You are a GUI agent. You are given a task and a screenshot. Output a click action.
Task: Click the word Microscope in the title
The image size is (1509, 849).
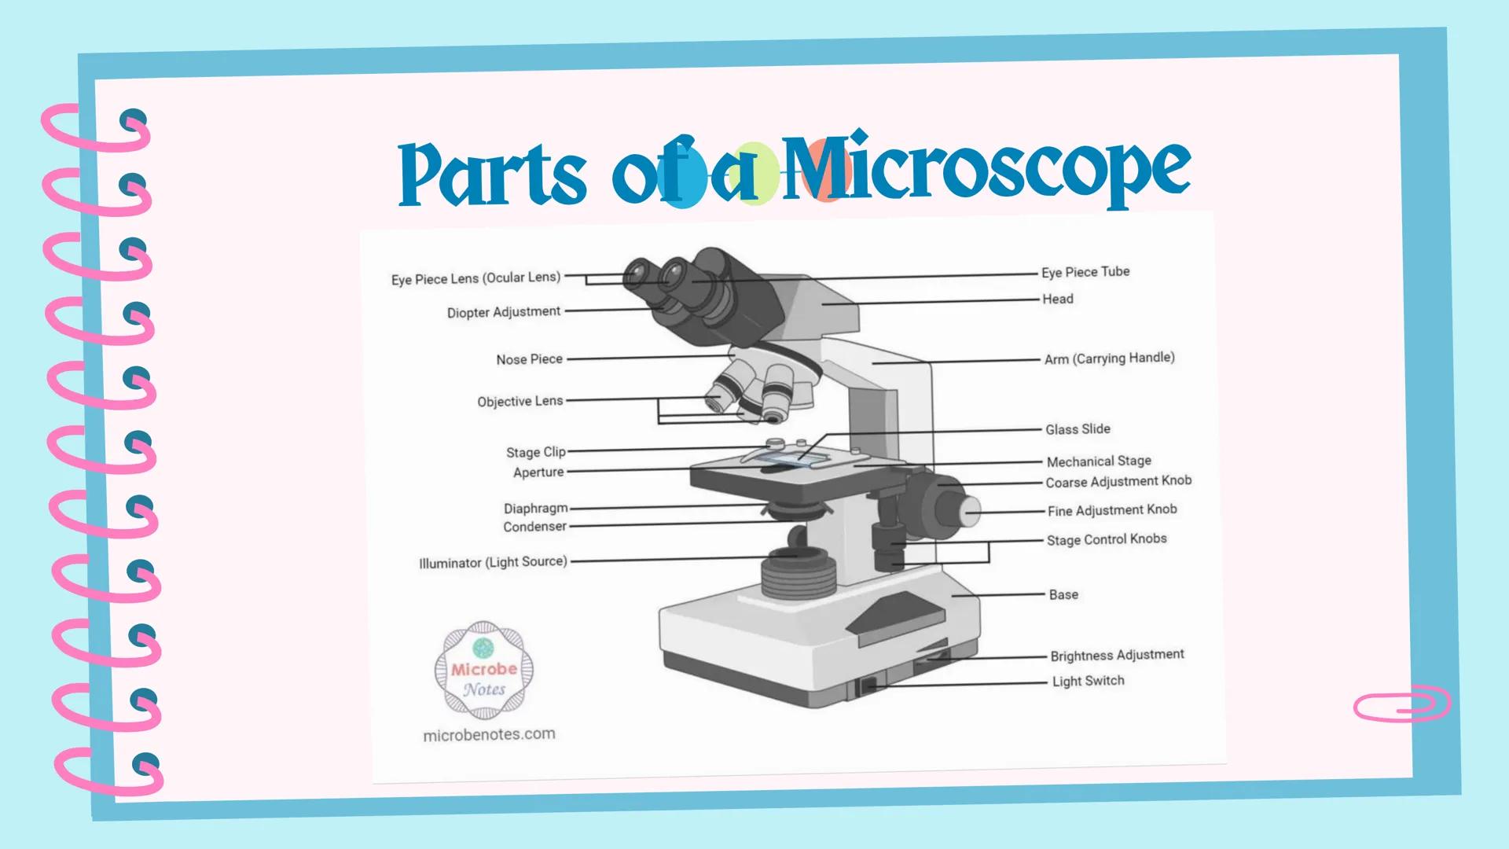(x=986, y=169)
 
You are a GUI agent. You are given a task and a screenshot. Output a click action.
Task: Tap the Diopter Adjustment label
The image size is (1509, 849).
(x=504, y=312)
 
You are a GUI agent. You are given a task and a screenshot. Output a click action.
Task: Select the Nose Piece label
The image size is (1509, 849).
(x=529, y=359)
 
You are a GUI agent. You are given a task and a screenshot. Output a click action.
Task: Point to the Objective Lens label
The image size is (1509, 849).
(x=520, y=401)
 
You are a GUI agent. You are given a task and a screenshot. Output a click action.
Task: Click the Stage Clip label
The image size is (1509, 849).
(x=535, y=452)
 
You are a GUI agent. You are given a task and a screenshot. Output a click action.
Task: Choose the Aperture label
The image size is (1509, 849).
(x=538, y=472)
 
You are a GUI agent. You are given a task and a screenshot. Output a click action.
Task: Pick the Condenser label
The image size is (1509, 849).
(x=534, y=527)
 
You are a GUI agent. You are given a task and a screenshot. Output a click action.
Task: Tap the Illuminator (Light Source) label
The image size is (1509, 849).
(x=493, y=562)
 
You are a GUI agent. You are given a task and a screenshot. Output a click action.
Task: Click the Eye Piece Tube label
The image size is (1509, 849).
(x=1085, y=272)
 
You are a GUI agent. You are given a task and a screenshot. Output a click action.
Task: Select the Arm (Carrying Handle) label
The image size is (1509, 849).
(x=1109, y=358)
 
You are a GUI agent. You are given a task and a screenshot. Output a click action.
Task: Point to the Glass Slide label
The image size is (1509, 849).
(x=1078, y=429)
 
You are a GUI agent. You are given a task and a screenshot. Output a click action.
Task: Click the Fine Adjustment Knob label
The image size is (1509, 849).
(x=1112, y=510)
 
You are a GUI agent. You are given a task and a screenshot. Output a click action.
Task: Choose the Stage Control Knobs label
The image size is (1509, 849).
(x=1107, y=539)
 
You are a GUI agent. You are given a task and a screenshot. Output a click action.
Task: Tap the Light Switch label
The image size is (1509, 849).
(x=1088, y=681)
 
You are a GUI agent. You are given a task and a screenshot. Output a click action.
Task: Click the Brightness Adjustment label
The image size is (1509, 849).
(x=1117, y=655)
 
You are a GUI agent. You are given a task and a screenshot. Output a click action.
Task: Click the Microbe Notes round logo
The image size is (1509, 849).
(x=484, y=671)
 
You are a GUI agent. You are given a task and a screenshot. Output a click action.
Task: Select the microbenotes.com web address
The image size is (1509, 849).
(x=489, y=734)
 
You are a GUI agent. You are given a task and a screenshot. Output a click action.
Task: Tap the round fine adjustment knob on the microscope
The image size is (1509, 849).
(x=970, y=510)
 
